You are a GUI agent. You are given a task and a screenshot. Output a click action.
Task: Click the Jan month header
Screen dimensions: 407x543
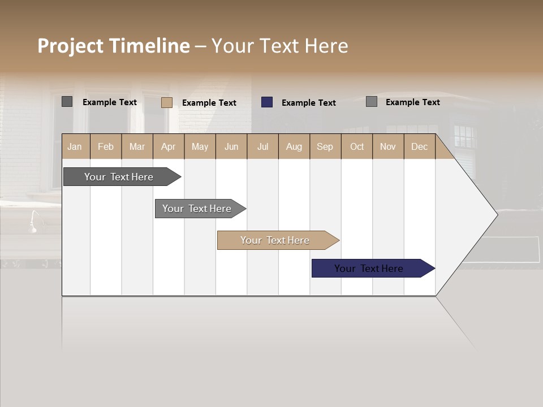[x=75, y=146]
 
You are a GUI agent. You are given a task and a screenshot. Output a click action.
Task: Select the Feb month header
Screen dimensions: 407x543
[x=106, y=146]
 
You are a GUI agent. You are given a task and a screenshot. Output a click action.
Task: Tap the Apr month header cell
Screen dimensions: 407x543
[x=169, y=146]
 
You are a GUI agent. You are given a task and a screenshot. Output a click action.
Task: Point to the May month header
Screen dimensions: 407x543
[x=200, y=146]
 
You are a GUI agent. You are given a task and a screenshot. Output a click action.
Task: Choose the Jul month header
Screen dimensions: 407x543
[x=262, y=146]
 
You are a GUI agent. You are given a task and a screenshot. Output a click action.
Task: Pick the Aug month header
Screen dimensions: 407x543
[x=294, y=146]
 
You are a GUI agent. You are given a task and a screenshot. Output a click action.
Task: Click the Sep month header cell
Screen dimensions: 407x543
[x=325, y=146]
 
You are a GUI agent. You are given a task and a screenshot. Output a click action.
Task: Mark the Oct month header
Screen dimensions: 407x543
[x=357, y=146]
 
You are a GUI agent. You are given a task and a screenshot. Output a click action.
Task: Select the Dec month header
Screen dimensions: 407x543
[x=420, y=146]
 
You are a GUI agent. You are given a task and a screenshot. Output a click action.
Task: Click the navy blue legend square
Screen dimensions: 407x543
[x=267, y=102]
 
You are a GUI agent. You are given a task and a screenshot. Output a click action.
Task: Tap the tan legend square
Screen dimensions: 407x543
[x=167, y=102]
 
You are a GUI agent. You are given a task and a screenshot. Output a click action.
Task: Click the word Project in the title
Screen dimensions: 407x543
[x=71, y=46]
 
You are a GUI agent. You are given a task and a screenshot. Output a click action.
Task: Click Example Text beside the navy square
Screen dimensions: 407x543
[x=309, y=103]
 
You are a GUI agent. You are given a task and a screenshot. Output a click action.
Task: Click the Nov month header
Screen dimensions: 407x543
[x=388, y=146]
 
